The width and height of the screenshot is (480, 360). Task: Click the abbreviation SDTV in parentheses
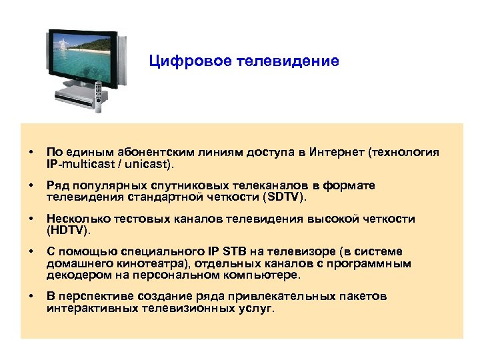(x=285, y=197)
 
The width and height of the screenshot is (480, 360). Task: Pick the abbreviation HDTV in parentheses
(x=67, y=231)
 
